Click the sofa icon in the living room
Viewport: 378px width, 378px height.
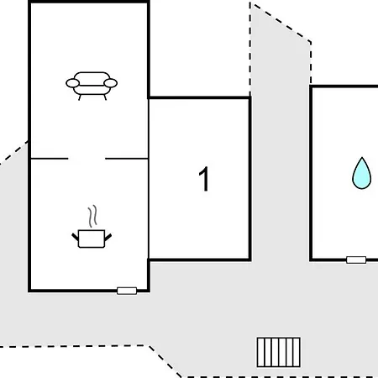click(92, 86)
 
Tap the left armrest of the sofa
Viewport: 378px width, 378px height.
click(72, 83)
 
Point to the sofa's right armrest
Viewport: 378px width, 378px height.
click(110, 83)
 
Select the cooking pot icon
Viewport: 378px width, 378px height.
click(92, 239)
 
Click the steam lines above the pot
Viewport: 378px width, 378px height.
click(92, 216)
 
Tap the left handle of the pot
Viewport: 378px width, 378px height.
click(76, 237)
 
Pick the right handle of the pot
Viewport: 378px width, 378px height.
click(108, 237)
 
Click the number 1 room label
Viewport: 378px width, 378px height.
click(203, 179)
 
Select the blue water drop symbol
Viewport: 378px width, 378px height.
click(362, 173)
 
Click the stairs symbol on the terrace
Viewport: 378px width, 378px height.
click(279, 352)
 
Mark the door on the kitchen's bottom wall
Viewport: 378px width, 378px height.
click(127, 291)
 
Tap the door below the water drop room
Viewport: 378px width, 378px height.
click(356, 260)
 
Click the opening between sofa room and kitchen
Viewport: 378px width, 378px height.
click(87, 159)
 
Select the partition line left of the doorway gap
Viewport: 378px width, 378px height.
click(50, 159)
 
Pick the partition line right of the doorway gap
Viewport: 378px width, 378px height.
click(127, 159)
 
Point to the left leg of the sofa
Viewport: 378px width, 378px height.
click(80, 97)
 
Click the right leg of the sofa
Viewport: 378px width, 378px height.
click(105, 97)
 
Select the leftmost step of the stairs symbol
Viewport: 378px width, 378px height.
click(260, 352)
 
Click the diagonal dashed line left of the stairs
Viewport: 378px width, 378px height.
click(165, 361)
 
